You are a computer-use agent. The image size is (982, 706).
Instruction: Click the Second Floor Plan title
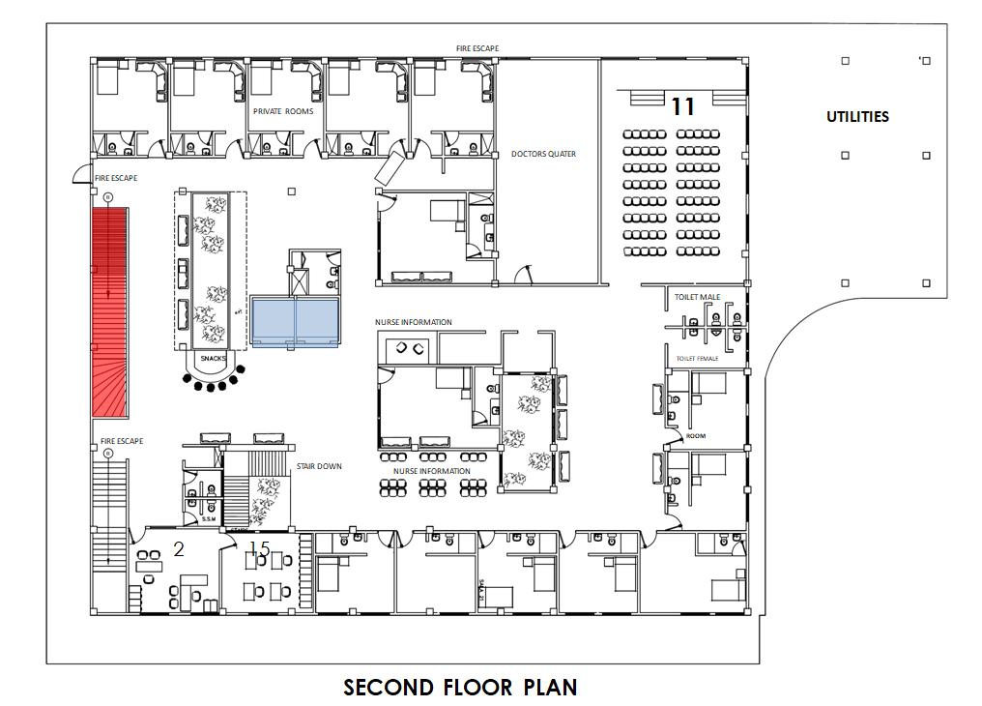[460, 688]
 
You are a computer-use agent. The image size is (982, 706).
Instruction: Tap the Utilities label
[857, 117]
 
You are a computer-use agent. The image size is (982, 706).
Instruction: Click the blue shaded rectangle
[295, 320]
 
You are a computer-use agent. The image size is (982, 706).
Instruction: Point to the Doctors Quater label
[543, 155]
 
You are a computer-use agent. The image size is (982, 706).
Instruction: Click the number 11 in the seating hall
[683, 106]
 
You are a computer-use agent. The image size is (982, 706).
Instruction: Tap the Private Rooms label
[283, 111]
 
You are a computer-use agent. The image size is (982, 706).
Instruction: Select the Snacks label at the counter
[213, 359]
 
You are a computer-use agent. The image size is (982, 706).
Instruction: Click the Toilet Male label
[697, 297]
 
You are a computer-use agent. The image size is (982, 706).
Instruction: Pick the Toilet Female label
[697, 359]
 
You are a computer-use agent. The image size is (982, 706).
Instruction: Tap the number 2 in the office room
[178, 549]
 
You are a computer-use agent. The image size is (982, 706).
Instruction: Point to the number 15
[258, 549]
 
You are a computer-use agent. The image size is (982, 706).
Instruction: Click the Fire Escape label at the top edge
[477, 48]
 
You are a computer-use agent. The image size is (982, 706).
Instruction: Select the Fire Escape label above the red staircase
[116, 178]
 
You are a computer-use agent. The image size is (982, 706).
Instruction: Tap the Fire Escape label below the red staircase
[122, 441]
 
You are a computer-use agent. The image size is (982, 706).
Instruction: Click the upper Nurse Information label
[414, 322]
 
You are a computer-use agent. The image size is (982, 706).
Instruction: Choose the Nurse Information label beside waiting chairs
[431, 471]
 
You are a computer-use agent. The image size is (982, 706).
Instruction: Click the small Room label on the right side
[696, 436]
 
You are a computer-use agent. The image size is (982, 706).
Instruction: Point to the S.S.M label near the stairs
[208, 519]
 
